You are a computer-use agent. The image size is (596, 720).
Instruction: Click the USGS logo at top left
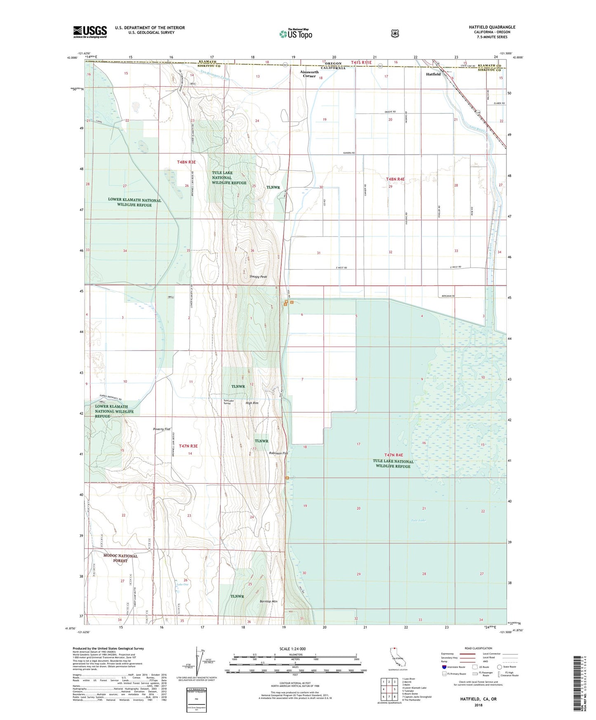[x=90, y=32]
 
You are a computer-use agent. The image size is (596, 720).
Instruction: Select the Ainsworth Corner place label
[x=309, y=74]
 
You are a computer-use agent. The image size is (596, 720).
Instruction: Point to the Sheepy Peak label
[x=258, y=277]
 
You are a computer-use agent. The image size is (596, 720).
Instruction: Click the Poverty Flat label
[x=161, y=429]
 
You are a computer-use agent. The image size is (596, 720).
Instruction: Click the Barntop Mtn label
[x=269, y=602]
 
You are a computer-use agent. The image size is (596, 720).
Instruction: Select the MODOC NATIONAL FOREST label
[x=120, y=558]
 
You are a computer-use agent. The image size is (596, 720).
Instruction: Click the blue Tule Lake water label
[x=418, y=520]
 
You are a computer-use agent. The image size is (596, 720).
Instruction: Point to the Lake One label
[x=182, y=584]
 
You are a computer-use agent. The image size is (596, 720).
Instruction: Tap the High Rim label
[x=252, y=403]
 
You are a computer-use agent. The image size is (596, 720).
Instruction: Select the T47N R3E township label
[x=188, y=446]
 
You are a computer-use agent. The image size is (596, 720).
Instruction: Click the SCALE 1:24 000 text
[x=292, y=649]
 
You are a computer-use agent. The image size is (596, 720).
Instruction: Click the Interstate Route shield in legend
[x=444, y=667]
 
